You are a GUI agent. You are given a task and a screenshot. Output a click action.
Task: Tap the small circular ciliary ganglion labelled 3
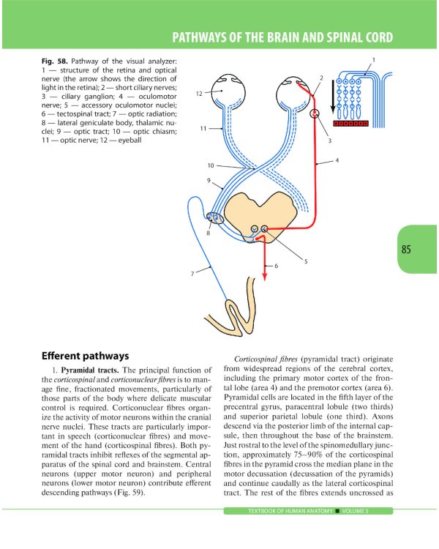(x=315, y=113)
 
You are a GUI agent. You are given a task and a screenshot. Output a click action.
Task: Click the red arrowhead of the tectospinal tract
(x=264, y=276)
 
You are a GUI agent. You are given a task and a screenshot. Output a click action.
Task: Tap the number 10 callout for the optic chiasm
(x=210, y=165)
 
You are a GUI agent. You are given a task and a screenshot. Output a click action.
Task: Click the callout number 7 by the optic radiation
(x=192, y=273)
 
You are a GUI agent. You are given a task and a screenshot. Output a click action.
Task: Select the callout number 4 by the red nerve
(x=337, y=160)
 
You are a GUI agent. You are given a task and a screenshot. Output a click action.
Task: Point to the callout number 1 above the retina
(x=374, y=59)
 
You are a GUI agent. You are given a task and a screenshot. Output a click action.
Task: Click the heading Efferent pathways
(x=86, y=356)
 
